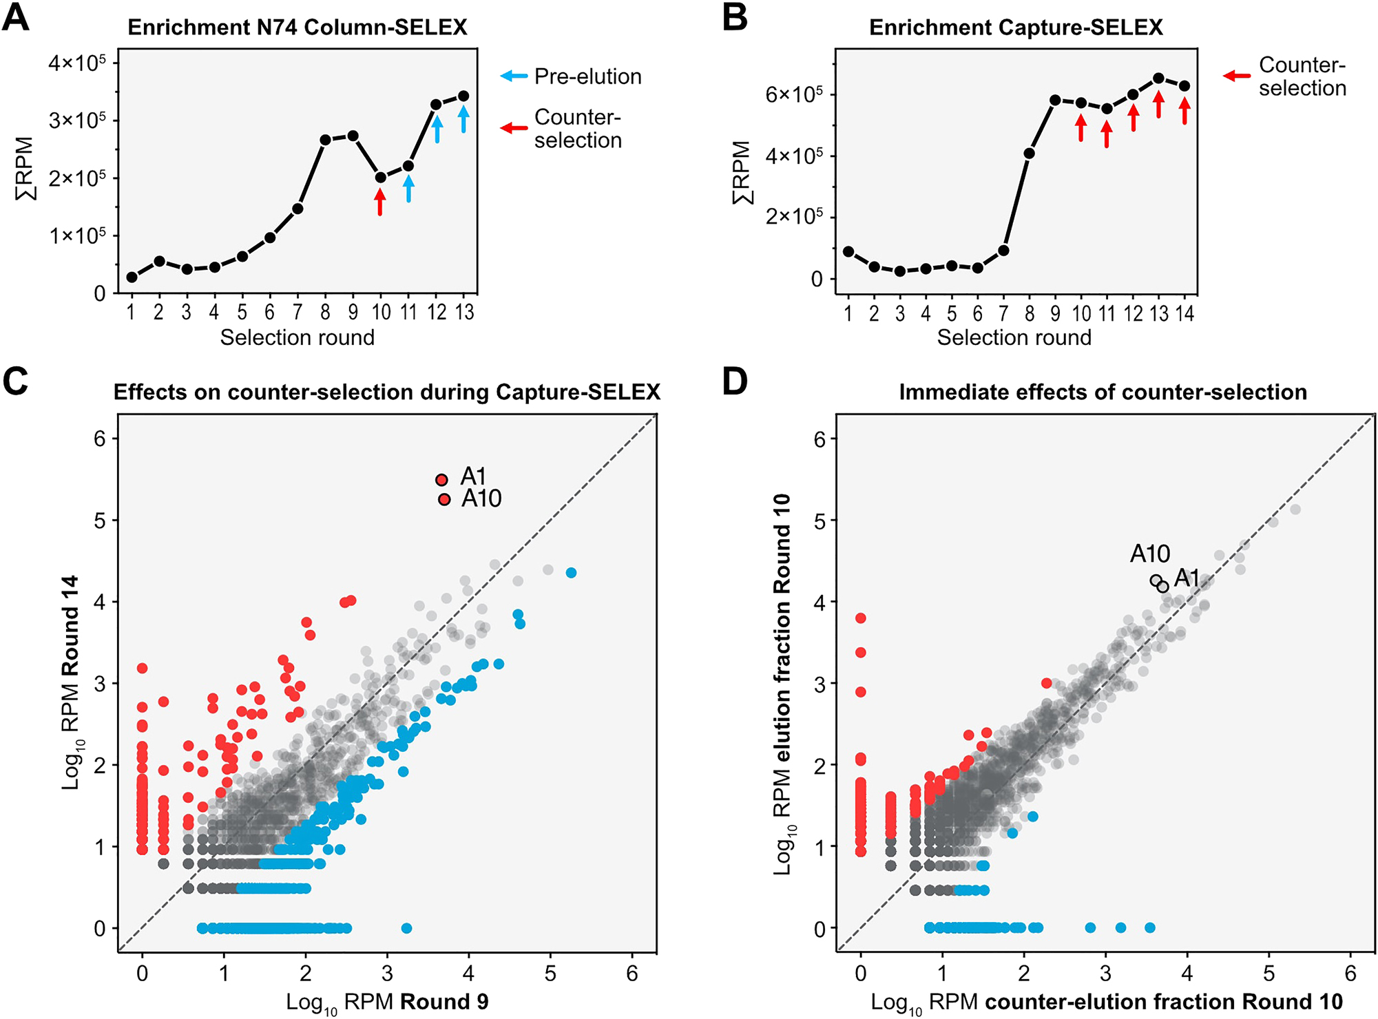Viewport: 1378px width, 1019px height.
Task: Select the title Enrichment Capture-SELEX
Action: click(x=1016, y=28)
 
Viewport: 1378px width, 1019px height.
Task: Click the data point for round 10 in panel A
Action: click(x=380, y=178)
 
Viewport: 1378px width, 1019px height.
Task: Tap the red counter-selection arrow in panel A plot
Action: click(x=380, y=202)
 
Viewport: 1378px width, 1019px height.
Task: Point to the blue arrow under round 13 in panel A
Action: click(x=463, y=118)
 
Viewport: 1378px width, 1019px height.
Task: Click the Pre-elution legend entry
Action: click(x=587, y=76)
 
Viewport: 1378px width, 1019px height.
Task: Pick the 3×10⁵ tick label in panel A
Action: click(x=77, y=120)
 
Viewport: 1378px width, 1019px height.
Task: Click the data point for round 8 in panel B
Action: click(x=1030, y=154)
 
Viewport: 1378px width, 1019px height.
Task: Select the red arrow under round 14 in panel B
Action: click(x=1184, y=111)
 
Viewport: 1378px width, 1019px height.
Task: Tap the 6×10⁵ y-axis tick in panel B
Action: click(x=793, y=94)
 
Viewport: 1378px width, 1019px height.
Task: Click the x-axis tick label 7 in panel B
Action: click(x=1003, y=314)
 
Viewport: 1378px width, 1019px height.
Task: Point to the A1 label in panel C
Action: click(x=474, y=476)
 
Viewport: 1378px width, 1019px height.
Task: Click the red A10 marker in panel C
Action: click(x=444, y=499)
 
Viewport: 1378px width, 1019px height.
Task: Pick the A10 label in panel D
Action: click(x=1150, y=554)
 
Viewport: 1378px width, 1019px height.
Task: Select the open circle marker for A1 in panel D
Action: click(x=1163, y=587)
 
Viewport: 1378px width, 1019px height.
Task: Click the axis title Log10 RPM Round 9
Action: click(x=387, y=1002)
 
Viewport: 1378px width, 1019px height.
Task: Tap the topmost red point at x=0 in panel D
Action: click(x=860, y=618)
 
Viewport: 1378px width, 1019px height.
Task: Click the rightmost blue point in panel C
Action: click(x=571, y=573)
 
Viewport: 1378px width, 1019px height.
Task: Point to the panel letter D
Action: click(x=735, y=382)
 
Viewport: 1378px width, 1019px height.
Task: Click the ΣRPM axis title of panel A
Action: click(x=25, y=169)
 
